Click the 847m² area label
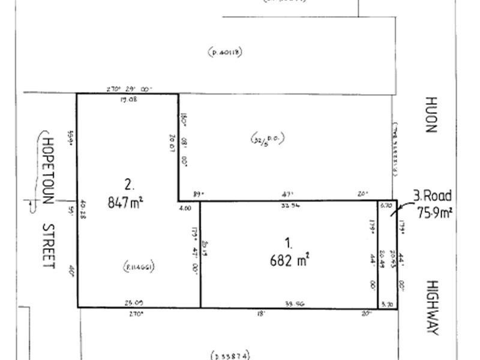pyautogui.click(x=126, y=202)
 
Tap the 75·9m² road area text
pyautogui.click(x=434, y=211)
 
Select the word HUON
pyautogui.click(x=431, y=115)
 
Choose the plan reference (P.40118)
pyautogui.click(x=226, y=52)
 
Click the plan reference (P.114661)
pyautogui.click(x=139, y=266)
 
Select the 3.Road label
pyautogui.click(x=432, y=196)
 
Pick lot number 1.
pyautogui.click(x=289, y=244)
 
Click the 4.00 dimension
pyautogui.click(x=185, y=208)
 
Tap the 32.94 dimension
pyautogui.click(x=289, y=206)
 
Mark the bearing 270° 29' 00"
pyautogui.click(x=130, y=89)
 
